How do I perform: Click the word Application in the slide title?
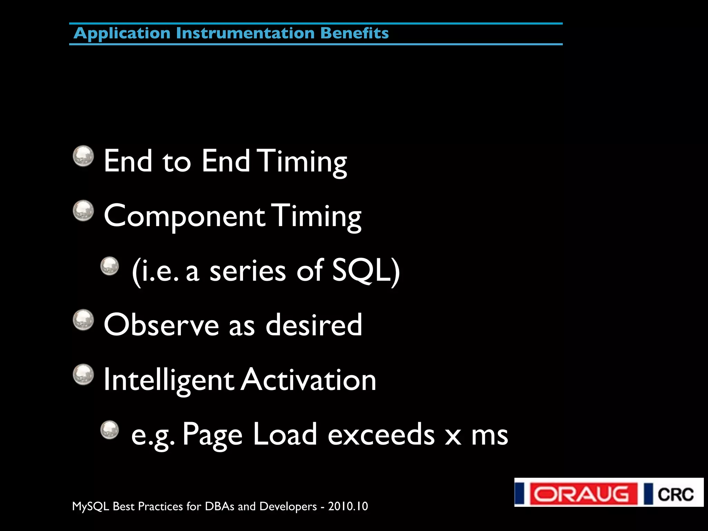(x=122, y=34)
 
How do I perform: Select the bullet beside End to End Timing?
(x=83, y=156)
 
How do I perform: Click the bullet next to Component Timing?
(x=83, y=211)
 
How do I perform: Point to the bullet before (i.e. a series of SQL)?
(x=110, y=265)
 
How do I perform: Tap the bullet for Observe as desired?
(x=83, y=320)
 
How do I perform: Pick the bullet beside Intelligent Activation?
(x=83, y=374)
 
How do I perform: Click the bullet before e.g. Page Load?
(x=110, y=430)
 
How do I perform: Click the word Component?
(x=184, y=216)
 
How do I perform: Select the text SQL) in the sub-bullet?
(x=366, y=271)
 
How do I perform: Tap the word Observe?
(x=161, y=325)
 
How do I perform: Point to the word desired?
(x=314, y=325)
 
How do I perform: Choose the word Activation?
(x=308, y=380)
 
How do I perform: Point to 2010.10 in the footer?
(x=348, y=506)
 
